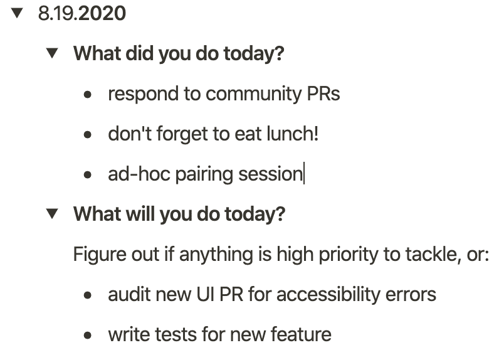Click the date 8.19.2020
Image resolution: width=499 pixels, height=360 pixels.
tap(81, 14)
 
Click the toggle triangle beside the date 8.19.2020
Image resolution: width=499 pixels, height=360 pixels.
tap(17, 13)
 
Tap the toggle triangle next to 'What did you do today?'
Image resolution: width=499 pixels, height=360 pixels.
tap(52, 53)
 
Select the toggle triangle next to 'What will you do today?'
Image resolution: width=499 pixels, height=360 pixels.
tap(52, 214)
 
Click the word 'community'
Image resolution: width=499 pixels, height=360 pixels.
tap(254, 94)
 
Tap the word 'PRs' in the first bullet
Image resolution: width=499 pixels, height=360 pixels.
tap(323, 94)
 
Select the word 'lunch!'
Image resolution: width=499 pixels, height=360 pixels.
tap(293, 134)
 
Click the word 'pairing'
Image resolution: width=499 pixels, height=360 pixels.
tap(204, 175)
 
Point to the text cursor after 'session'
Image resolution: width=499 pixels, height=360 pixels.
tap(304, 173)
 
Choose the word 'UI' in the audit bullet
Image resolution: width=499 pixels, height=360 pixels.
tap(205, 294)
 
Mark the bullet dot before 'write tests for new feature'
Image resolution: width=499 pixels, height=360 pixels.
tap(88, 335)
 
